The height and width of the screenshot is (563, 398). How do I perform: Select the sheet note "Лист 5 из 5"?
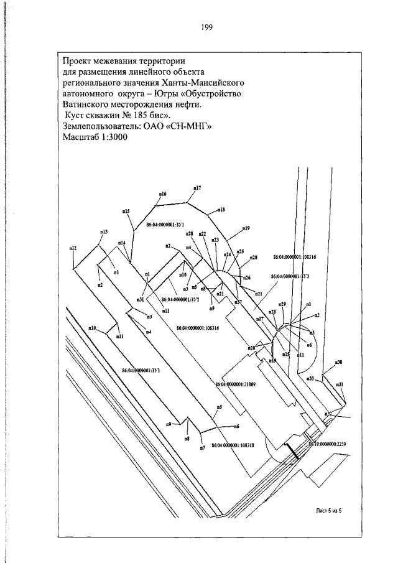[x=330, y=510]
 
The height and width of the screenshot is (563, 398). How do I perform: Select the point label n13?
[x=103, y=232]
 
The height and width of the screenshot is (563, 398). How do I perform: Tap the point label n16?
[x=162, y=194]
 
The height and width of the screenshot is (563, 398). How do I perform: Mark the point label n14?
[x=122, y=242]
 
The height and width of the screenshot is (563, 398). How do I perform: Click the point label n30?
[x=339, y=362]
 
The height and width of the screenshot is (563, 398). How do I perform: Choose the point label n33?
[x=310, y=378]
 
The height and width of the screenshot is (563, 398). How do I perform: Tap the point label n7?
[x=202, y=448]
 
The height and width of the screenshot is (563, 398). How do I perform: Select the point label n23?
[x=215, y=240]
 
